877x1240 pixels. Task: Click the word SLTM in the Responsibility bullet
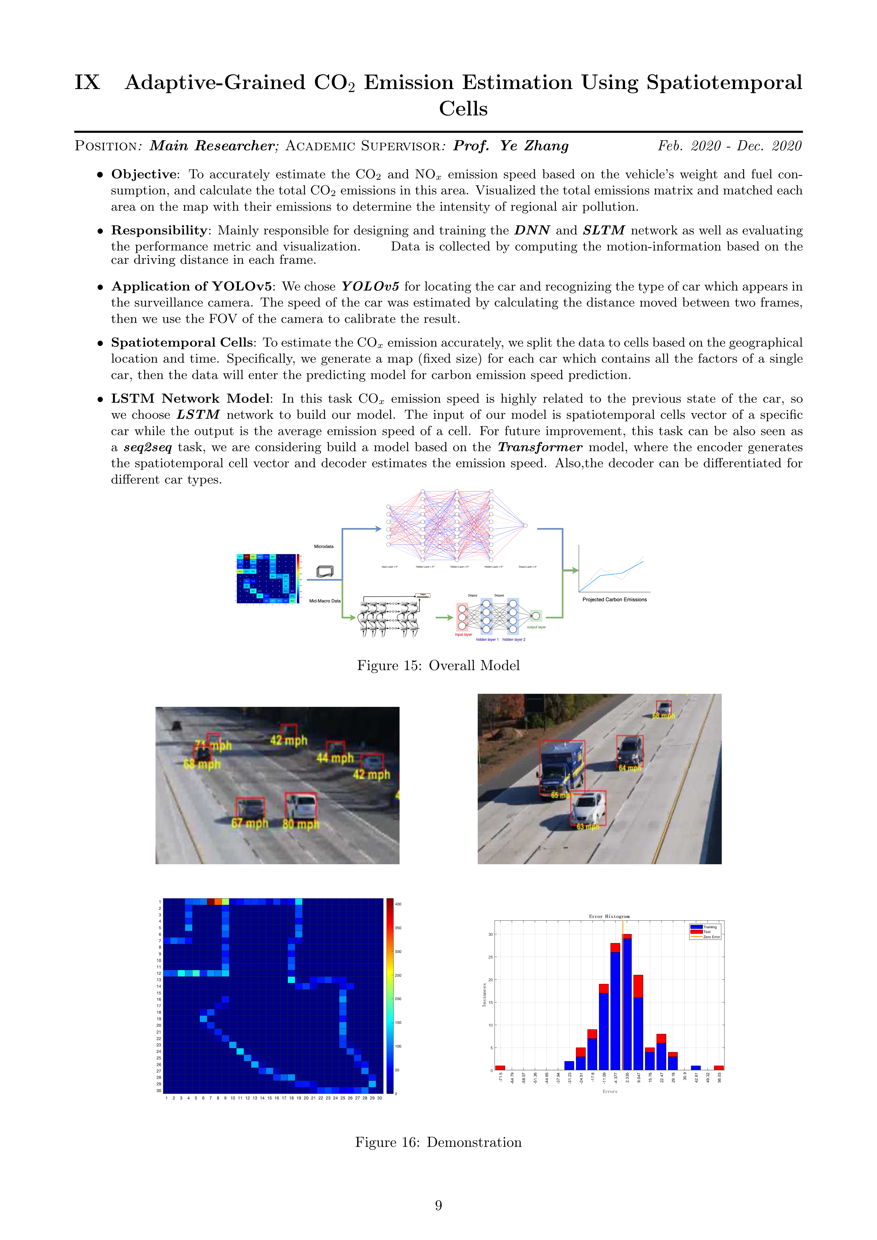pos(604,231)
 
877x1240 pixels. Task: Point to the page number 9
pos(438,1205)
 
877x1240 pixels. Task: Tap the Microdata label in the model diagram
pos(324,546)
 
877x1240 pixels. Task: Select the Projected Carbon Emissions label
pos(614,600)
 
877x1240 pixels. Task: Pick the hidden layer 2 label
pos(513,639)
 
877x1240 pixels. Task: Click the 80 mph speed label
pos(301,824)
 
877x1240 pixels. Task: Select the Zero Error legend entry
pos(711,937)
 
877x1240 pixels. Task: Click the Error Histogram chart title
pos(609,917)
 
